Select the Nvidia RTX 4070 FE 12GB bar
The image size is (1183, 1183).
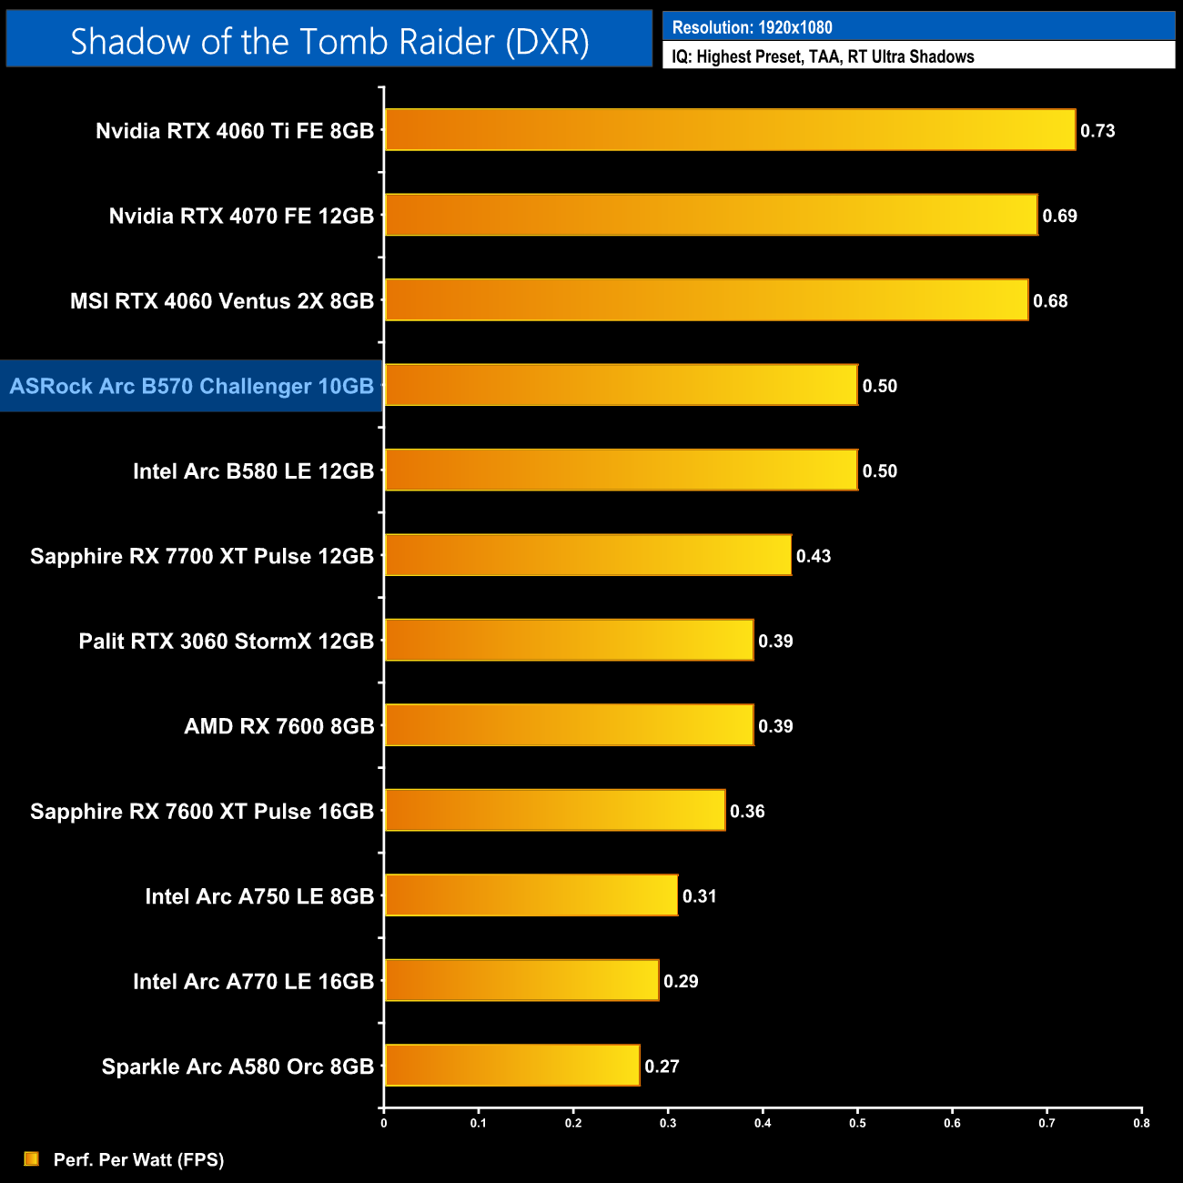point(711,215)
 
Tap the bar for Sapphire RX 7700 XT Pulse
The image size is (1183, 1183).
point(588,555)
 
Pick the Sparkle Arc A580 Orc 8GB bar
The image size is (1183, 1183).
point(512,1066)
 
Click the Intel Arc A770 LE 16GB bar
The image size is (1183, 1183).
point(521,980)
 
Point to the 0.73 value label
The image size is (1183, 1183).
point(1097,131)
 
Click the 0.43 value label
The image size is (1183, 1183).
point(814,556)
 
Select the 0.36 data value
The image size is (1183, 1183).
point(747,811)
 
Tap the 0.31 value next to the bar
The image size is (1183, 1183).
point(700,896)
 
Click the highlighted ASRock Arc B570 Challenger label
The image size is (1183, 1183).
point(192,386)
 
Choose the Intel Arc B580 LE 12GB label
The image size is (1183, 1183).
point(253,471)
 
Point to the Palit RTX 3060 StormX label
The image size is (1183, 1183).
point(227,642)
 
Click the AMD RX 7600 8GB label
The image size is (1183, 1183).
point(279,726)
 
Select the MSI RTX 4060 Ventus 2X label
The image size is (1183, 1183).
point(222,301)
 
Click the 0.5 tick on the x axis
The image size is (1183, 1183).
point(857,1123)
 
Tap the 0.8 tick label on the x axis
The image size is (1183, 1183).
point(1141,1123)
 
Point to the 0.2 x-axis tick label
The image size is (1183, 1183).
point(573,1123)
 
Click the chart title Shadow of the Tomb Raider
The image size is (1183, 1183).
point(329,42)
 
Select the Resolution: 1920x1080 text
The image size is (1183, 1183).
point(752,27)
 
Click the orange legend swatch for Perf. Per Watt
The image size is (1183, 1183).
point(32,1158)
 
